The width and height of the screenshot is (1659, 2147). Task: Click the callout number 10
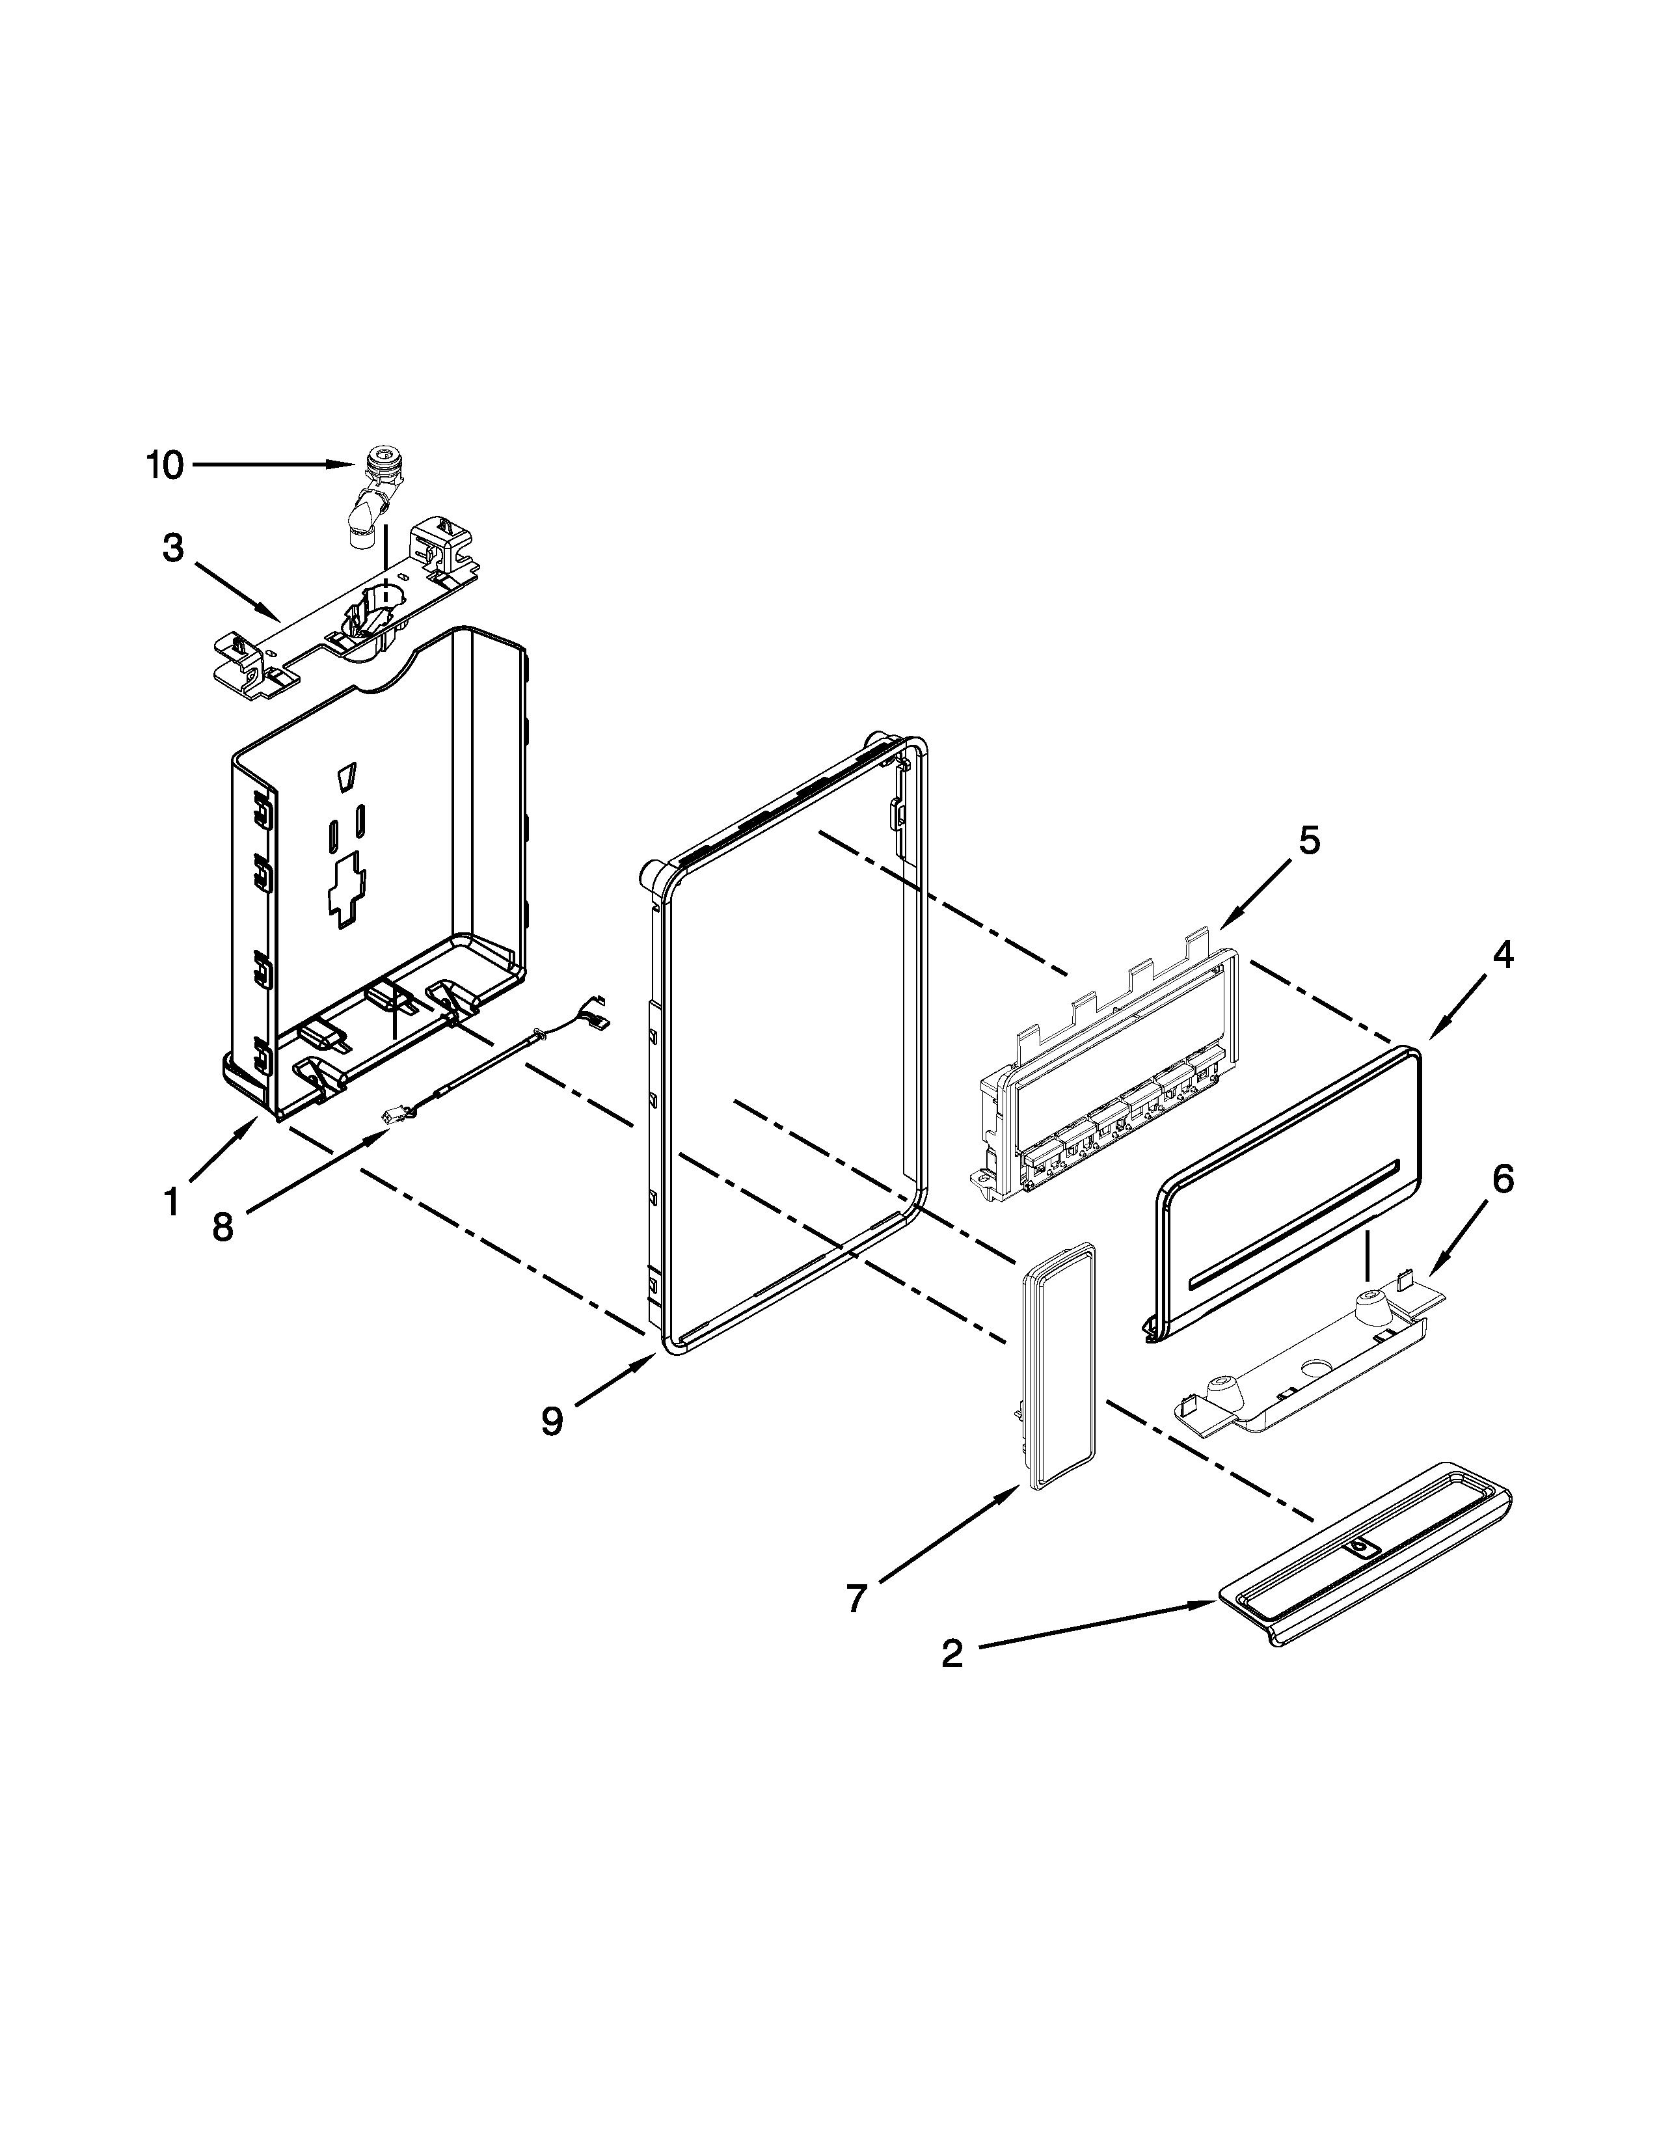tap(165, 465)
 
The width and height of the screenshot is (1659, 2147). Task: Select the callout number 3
tap(173, 548)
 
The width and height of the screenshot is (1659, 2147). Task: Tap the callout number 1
tap(171, 1201)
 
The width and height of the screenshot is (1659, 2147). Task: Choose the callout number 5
tap(1308, 841)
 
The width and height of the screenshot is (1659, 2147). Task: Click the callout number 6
tap(1503, 1179)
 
